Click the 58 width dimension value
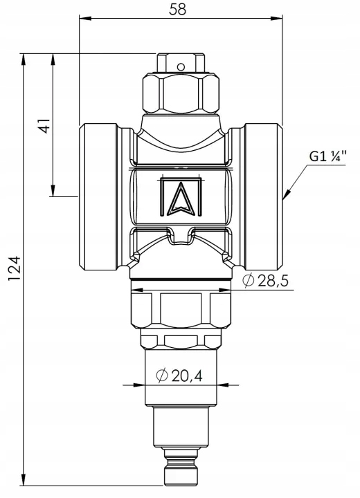(x=177, y=9)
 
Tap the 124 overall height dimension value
(x=15, y=268)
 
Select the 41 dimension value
(x=44, y=126)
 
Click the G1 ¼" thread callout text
(x=327, y=156)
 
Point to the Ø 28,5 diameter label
(x=266, y=280)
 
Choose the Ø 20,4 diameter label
(x=179, y=376)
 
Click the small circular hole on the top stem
(x=181, y=67)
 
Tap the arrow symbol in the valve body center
(x=181, y=199)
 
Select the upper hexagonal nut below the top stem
(x=181, y=93)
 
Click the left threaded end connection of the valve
(x=98, y=197)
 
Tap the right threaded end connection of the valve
(x=264, y=197)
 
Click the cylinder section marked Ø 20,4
(x=181, y=378)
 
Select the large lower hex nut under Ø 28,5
(x=181, y=311)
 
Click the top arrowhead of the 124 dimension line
(x=24, y=59)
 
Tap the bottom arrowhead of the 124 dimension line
(x=24, y=479)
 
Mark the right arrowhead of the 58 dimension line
(x=276, y=19)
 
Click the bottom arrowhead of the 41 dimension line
(x=53, y=191)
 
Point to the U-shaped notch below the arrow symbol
(x=181, y=236)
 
